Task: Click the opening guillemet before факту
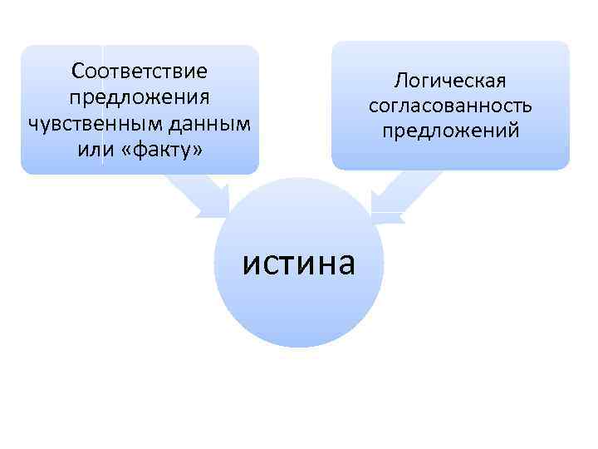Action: click(x=127, y=152)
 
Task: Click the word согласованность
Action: click(x=450, y=106)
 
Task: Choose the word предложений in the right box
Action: click(x=450, y=131)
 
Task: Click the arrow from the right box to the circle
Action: click(x=395, y=195)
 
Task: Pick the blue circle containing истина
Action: click(x=299, y=308)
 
